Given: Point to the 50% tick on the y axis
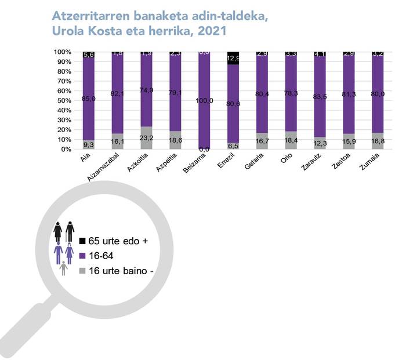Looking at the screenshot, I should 63,100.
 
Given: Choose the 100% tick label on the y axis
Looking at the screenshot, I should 61,52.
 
